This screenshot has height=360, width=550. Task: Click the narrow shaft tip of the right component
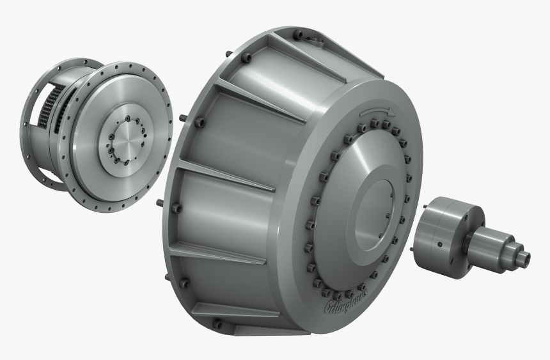[x=524, y=257]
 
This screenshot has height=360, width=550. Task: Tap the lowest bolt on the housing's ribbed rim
[x=217, y=325]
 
